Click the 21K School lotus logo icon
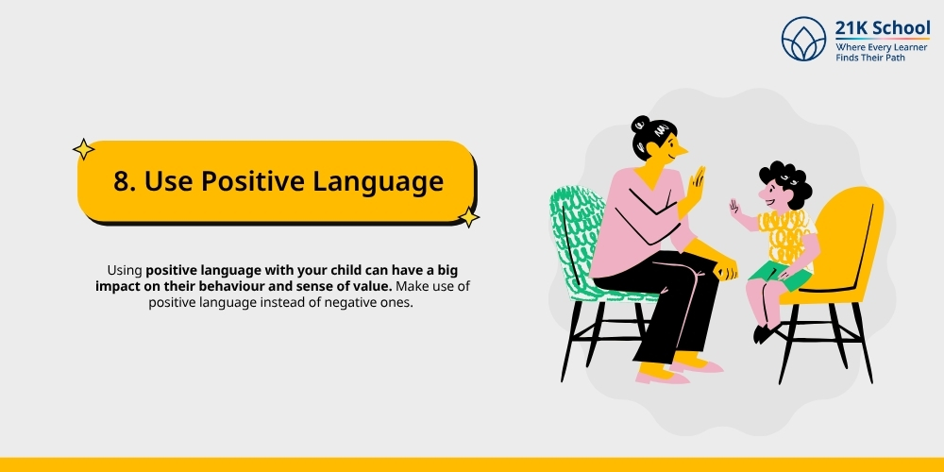coord(803,39)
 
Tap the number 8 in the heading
coord(122,181)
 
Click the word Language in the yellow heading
coord(384,181)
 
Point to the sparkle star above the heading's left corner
coord(84,149)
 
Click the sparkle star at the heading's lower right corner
coord(468,218)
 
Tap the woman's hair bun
coord(642,126)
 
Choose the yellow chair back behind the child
coord(854,227)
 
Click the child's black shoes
coord(765,332)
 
